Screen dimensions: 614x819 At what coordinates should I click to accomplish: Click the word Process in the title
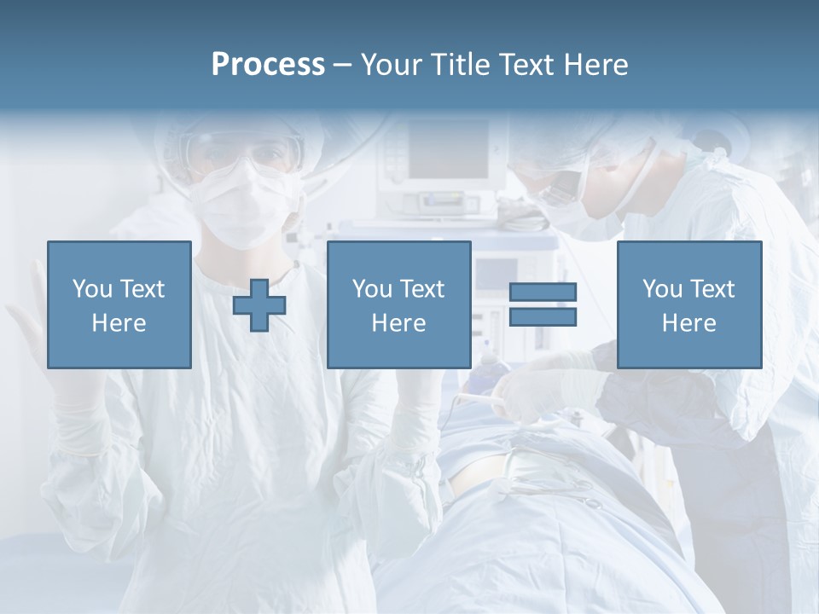point(268,65)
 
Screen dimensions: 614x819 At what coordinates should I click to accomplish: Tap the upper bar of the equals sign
point(543,293)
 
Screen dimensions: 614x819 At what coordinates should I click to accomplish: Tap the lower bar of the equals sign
point(543,317)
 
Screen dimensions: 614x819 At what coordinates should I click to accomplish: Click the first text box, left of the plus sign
point(119,304)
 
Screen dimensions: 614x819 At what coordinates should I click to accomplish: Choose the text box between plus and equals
point(398,304)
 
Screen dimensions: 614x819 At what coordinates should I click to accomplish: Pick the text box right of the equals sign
point(688,304)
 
